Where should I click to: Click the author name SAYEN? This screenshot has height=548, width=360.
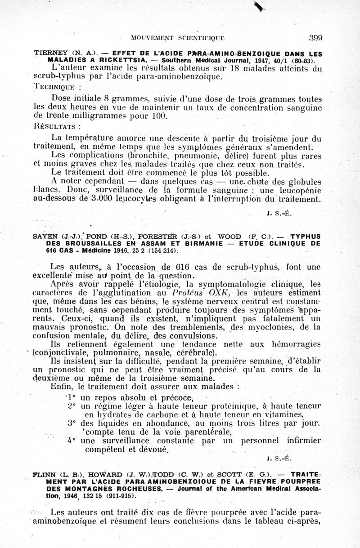pos(45,236)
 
